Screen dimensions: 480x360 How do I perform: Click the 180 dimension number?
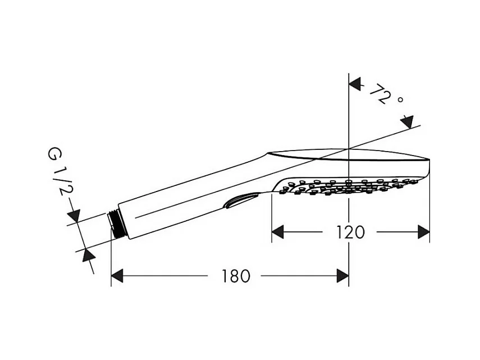(x=235, y=276)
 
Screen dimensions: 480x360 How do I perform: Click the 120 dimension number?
(x=351, y=231)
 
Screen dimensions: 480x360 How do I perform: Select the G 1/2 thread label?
(x=60, y=175)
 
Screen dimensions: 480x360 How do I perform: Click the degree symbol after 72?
(x=400, y=100)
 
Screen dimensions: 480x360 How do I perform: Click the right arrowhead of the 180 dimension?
(x=342, y=276)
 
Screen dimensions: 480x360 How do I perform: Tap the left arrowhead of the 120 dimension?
(x=278, y=231)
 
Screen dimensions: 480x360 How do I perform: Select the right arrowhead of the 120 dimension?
(x=423, y=231)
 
